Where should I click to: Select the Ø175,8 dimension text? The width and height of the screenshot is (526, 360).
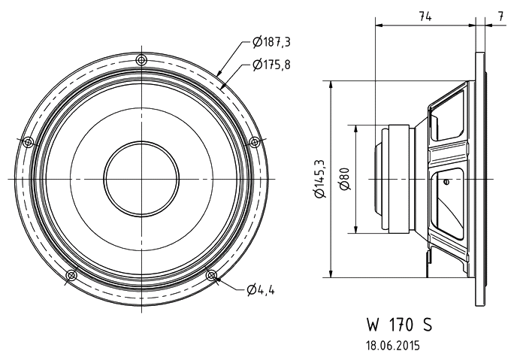pyautogui.click(x=272, y=65)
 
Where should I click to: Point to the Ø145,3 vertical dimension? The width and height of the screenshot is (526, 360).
pyautogui.click(x=321, y=180)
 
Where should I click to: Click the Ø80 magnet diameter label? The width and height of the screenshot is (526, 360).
pyautogui.click(x=344, y=179)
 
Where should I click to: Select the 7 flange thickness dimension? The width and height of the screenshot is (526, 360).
pyautogui.click(x=500, y=17)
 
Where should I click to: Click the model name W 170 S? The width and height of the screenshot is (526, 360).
pyautogui.click(x=399, y=325)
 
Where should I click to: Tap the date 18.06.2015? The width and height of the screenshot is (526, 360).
pyautogui.click(x=392, y=346)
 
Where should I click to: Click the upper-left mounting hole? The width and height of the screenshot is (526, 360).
pyautogui.click(x=29, y=141)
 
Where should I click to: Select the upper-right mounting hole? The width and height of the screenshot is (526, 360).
pyautogui.click(x=254, y=141)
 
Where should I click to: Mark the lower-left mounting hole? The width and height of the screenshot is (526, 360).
pyautogui.click(x=71, y=275)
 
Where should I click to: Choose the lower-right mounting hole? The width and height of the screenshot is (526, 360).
pyautogui.click(x=211, y=275)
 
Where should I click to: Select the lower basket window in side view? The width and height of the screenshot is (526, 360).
pyautogui.click(x=449, y=199)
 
